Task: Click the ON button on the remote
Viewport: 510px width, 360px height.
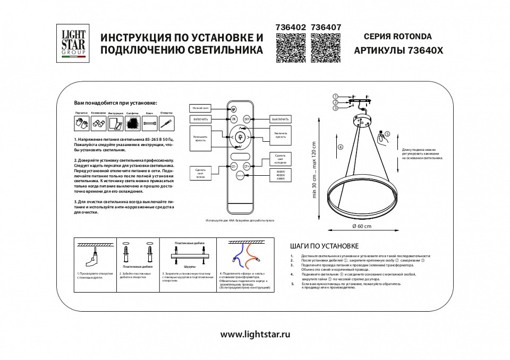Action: coord(234,119)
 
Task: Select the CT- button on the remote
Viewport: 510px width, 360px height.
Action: coord(234,166)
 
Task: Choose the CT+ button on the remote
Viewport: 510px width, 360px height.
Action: coord(246,166)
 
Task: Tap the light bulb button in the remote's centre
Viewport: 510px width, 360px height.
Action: coord(240,137)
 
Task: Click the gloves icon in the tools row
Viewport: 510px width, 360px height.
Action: coord(81,124)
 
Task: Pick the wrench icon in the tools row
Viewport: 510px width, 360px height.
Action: coord(150,124)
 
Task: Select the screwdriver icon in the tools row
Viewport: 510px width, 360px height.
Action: coord(167,124)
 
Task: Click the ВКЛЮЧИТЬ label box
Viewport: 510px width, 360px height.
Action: coord(200,119)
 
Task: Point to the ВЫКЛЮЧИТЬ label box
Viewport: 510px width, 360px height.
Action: coord(280,119)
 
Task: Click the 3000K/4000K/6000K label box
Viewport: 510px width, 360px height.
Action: coord(280,175)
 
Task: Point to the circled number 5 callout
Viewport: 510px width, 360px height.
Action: coord(387,135)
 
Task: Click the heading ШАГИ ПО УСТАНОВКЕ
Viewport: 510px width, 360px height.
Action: coord(324,246)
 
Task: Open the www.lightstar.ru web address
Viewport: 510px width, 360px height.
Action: coord(255,335)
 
